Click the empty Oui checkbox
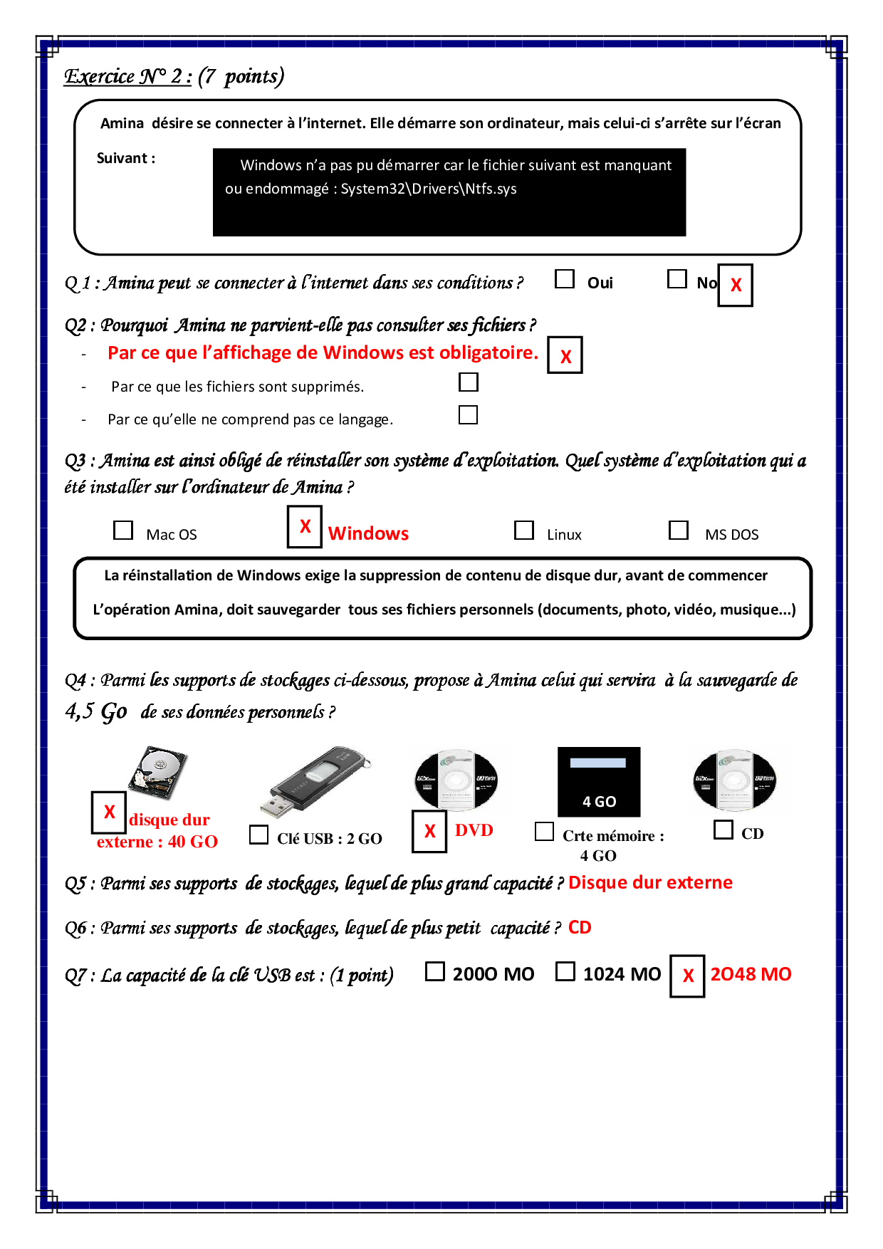coord(565,279)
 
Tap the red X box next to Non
coord(735,286)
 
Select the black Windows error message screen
coord(449,192)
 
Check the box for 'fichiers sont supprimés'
coord(469,382)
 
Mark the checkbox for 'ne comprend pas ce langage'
coord(468,414)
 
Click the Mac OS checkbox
coord(123,531)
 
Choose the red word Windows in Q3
coord(368,533)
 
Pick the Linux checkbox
coord(524,531)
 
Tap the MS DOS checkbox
coord(679,531)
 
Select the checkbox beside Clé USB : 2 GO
coord(259,835)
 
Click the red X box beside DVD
coord(429,831)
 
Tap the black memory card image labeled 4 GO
coord(599,782)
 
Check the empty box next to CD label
coord(723,830)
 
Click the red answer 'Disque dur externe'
coord(650,882)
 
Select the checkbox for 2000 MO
coord(434,971)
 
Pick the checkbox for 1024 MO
coord(565,971)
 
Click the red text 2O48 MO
coord(751,974)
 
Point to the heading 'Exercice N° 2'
coord(128,76)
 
